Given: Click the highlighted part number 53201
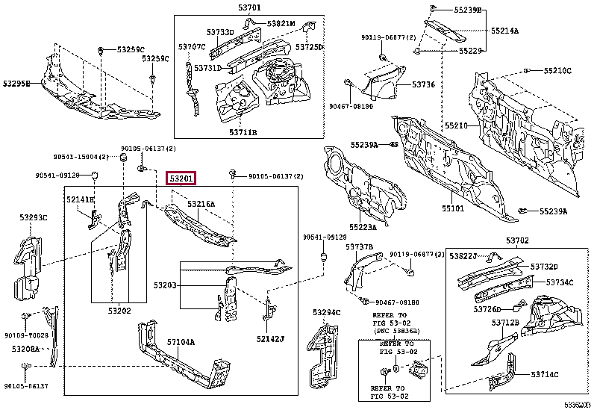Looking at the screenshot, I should pyautogui.click(x=181, y=178).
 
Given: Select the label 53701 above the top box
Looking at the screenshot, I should pyautogui.click(x=248, y=9).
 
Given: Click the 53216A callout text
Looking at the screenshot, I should pyautogui.click(x=201, y=204).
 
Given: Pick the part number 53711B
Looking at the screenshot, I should pyautogui.click(x=243, y=132).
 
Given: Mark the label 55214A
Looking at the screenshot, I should pyautogui.click(x=506, y=31).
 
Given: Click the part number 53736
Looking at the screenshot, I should pyautogui.click(x=423, y=85).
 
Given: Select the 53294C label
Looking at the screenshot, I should pyautogui.click(x=326, y=312).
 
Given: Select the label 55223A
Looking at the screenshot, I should pyautogui.click(x=364, y=227).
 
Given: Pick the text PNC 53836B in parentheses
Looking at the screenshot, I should pyautogui.click(x=389, y=330).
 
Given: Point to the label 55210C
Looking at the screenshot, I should pyautogui.click(x=557, y=71).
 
